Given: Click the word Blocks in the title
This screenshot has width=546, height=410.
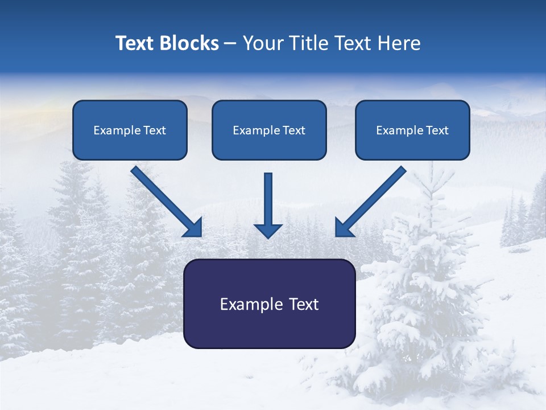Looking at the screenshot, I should point(189,43).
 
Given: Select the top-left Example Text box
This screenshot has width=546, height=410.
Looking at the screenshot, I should point(130,130).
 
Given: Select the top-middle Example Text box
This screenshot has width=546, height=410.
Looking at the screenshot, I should point(269,130).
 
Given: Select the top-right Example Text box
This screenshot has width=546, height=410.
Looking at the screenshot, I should point(412,130).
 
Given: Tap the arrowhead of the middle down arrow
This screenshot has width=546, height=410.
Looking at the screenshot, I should point(268,230).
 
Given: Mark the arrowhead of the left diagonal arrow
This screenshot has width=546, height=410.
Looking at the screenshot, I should point(193,228).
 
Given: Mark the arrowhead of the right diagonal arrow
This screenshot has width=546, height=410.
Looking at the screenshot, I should point(344,228).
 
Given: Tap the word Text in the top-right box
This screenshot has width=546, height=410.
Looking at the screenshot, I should point(437,130).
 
